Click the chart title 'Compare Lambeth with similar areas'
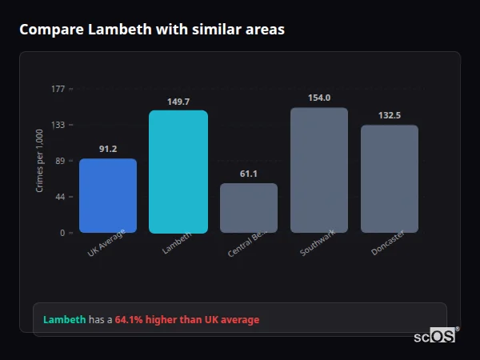[152, 30]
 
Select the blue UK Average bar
[108, 196]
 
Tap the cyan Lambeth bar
[178, 172]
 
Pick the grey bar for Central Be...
[249, 208]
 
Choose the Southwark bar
[319, 170]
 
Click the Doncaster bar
[390, 179]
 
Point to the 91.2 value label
[108, 150]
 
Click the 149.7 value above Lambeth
[178, 102]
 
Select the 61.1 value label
[249, 174]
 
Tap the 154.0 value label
[319, 98]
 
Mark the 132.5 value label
[390, 116]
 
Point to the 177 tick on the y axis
[58, 89]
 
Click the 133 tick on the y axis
[58, 125]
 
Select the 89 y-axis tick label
[59, 161]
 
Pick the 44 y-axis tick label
[59, 197]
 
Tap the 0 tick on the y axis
[62, 233]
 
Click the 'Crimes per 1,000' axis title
[40, 161]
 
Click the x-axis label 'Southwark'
[317, 243]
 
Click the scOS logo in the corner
[435, 336]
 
